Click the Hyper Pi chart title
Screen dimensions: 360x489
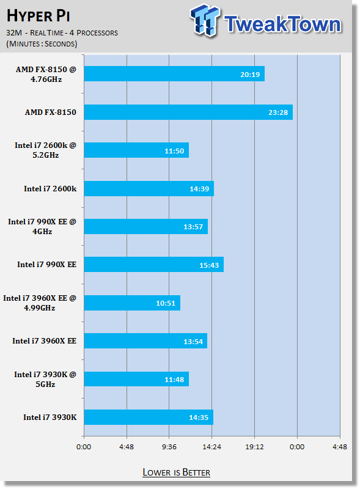pyautogui.click(x=38, y=16)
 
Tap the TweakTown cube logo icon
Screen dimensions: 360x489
pyautogui.click(x=205, y=20)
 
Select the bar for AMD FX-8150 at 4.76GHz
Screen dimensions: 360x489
pyautogui.click(x=174, y=74)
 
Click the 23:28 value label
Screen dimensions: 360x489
pyautogui.click(x=278, y=112)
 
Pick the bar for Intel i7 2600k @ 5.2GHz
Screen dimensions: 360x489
pyautogui.click(x=136, y=150)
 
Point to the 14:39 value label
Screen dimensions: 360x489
pyautogui.click(x=199, y=189)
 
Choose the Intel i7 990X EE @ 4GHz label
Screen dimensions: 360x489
pyautogui.click(x=42, y=226)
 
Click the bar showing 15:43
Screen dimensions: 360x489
pyautogui.click(x=154, y=265)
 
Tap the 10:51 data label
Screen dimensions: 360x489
pyautogui.click(x=166, y=303)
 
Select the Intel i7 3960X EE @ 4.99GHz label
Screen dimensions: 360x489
pyautogui.click(x=40, y=303)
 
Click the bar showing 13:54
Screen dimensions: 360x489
pyautogui.click(x=145, y=341)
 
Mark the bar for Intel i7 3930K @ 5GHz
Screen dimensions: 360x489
pyautogui.click(x=136, y=379)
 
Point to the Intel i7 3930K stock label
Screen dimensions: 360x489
pyautogui.click(x=50, y=417)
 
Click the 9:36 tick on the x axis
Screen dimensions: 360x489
pyautogui.click(x=169, y=447)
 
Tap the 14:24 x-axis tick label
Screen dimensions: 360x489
pyautogui.click(x=212, y=447)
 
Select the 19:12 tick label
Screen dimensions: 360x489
pyautogui.click(x=254, y=447)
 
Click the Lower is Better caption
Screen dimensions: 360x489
pyautogui.click(x=176, y=472)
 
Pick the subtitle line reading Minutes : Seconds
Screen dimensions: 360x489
pyautogui.click(x=42, y=43)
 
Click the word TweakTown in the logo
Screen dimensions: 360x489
pyautogui.click(x=283, y=24)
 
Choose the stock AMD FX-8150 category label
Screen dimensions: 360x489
pyautogui.click(x=51, y=112)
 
